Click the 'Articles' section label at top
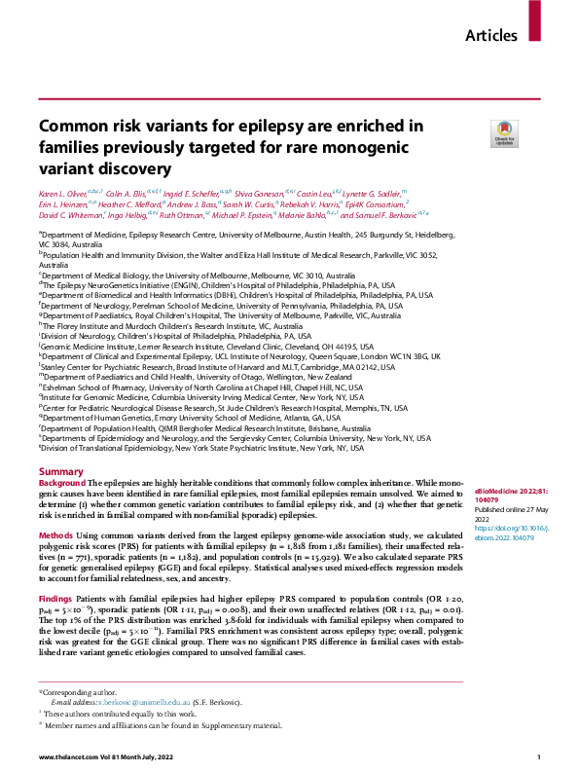[491, 36]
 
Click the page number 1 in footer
[538, 756]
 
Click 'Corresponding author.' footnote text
[78, 691]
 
